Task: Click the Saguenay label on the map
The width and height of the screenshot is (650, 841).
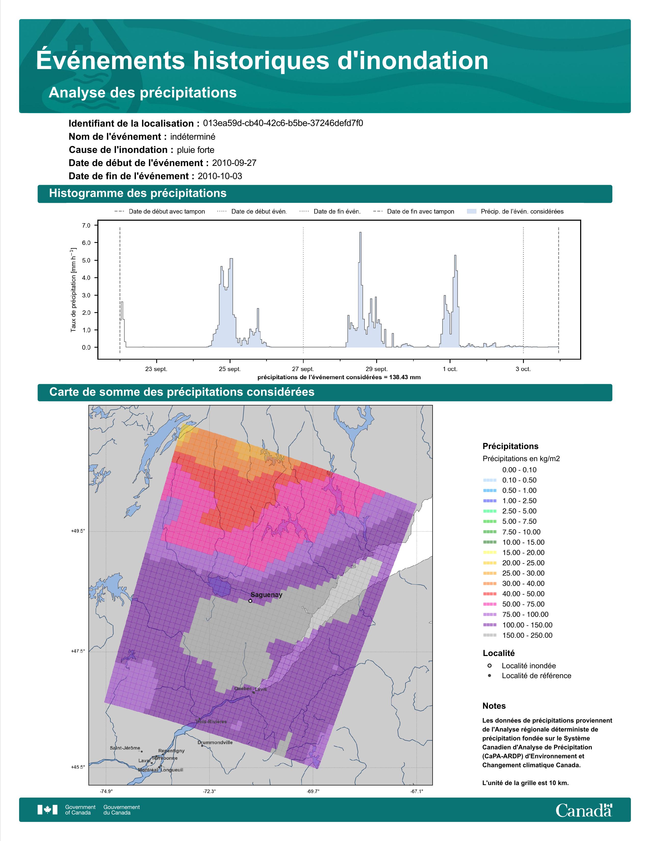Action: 266,595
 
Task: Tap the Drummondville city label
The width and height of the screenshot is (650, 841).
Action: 215,742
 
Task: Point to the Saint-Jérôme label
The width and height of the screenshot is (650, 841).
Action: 125,748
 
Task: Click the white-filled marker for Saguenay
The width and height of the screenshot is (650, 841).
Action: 250,601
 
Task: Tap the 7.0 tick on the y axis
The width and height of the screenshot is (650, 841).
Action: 86,225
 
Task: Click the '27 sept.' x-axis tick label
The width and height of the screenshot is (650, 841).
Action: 303,369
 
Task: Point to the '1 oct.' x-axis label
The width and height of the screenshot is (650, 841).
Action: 450,369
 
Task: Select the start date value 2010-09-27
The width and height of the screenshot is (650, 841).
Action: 234,163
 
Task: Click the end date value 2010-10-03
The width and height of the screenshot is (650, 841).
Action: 220,176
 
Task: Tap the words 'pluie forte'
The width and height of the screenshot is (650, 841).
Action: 196,150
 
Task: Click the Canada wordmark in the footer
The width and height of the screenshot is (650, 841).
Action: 584,810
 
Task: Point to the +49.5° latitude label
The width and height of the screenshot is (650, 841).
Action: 78,531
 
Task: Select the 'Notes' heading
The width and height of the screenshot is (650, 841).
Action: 494,706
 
